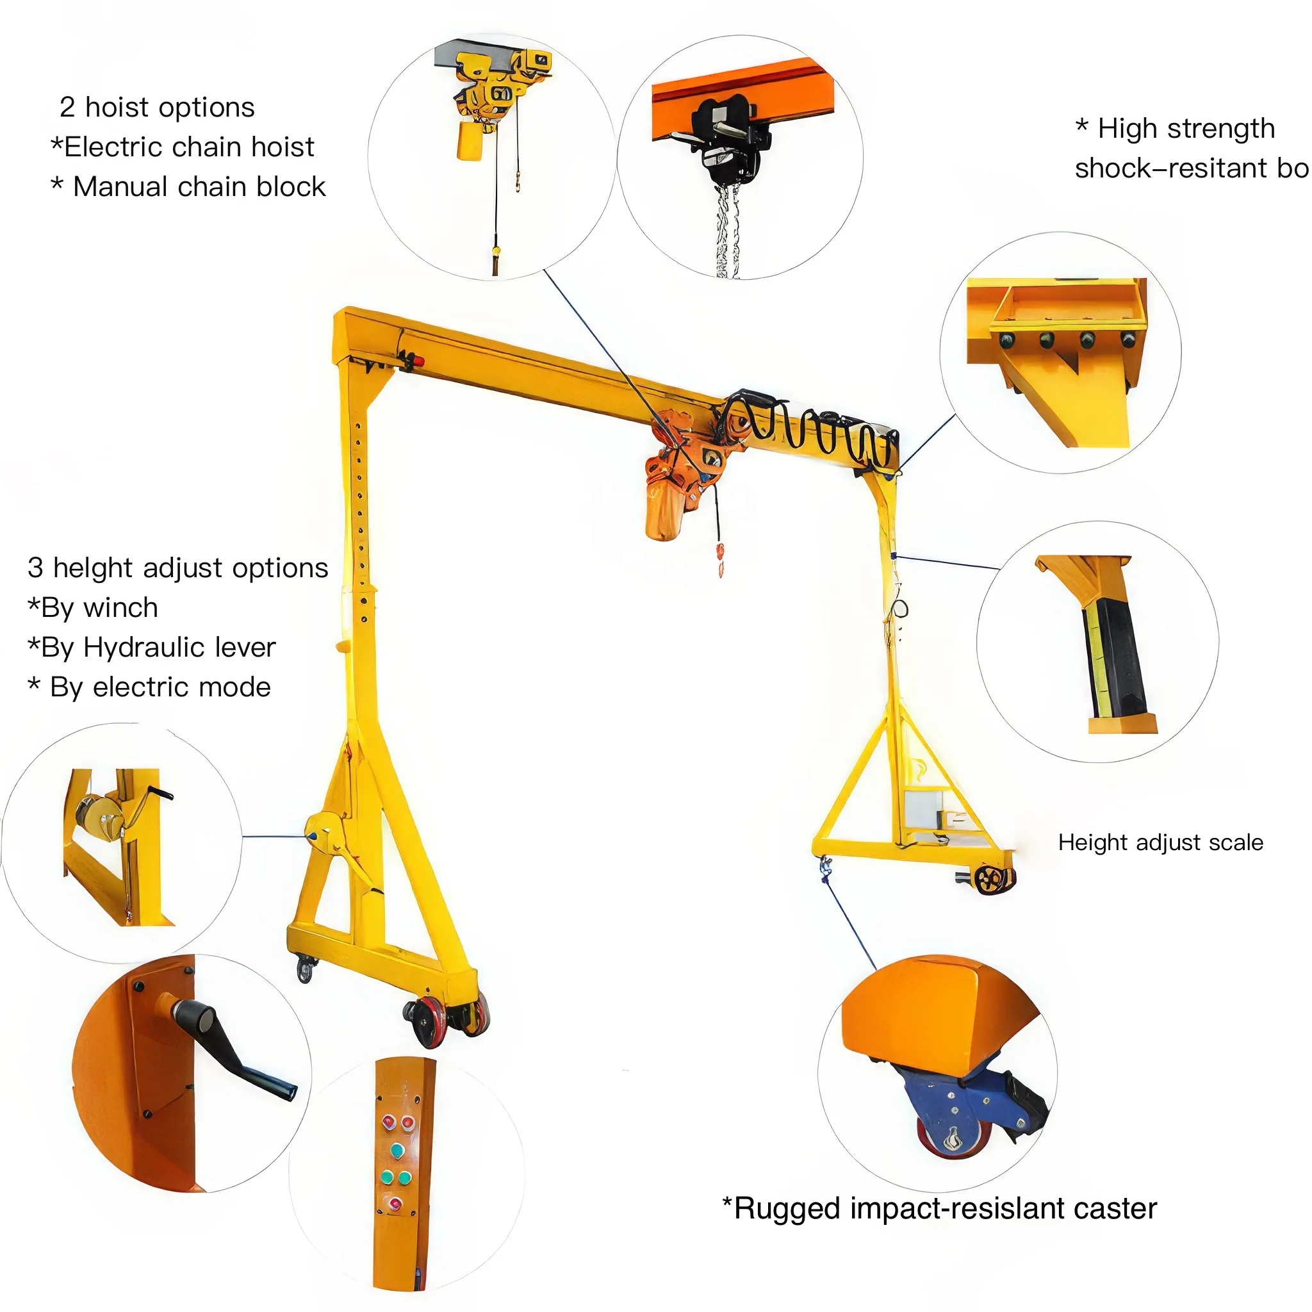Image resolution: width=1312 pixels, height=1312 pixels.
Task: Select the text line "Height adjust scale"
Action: coord(1160,843)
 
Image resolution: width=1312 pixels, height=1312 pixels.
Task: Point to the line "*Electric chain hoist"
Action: coord(182,147)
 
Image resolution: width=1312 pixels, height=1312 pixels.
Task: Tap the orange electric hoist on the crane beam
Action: coord(672,489)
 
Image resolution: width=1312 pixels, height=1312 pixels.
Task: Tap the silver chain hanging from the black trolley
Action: coord(726,231)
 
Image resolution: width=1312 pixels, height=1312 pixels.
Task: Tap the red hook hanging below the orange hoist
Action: coord(721,557)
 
